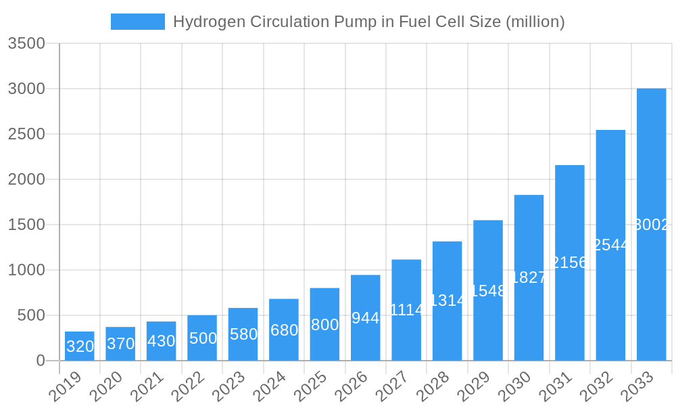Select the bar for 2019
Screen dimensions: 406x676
(80, 346)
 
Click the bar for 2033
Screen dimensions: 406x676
(651, 225)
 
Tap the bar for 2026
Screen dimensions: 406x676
(366, 317)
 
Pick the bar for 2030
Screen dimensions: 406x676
(529, 277)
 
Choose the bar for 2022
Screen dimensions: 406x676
(202, 338)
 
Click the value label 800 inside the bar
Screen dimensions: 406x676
(324, 325)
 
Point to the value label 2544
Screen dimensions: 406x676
(610, 245)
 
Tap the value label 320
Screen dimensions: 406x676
(80, 346)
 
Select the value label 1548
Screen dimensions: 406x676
(488, 291)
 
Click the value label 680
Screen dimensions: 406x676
(284, 330)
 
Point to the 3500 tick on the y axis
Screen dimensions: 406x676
(26, 43)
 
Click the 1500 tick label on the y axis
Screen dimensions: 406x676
(26, 225)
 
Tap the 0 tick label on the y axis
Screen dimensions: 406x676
(41, 361)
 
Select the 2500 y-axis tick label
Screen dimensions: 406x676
(26, 134)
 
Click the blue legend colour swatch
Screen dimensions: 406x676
(138, 22)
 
